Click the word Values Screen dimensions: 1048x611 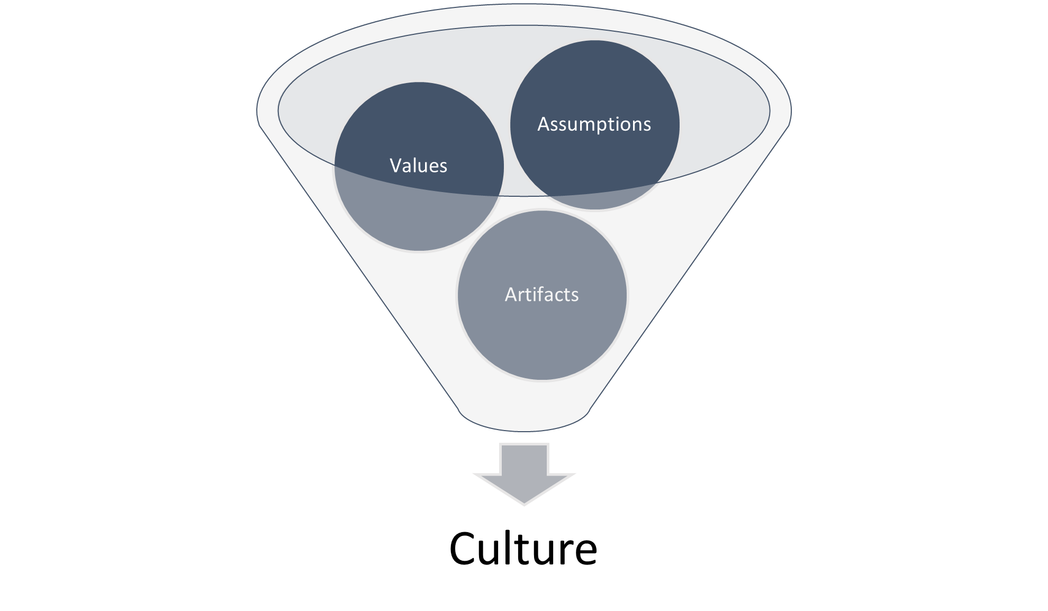coord(418,166)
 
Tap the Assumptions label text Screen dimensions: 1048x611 coord(594,124)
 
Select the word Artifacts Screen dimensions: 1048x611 coord(541,294)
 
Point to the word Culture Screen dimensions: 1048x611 coord(523,548)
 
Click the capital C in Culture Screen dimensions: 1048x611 coord(464,549)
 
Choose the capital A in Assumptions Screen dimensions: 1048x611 coord(545,124)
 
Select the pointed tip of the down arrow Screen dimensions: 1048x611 coord(524,504)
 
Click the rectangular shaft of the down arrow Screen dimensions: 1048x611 coord(524,459)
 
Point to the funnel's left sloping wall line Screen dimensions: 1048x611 coord(359,269)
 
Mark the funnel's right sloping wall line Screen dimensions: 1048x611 coord(689,269)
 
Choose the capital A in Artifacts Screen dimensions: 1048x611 coord(512,294)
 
